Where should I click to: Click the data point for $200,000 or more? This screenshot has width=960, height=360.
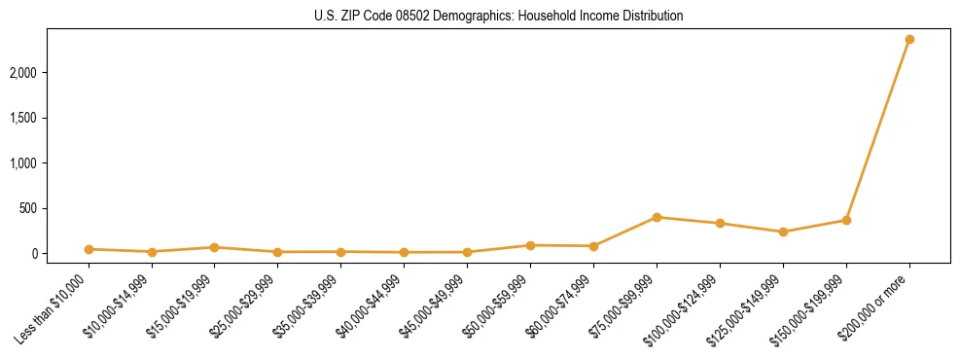[x=909, y=39]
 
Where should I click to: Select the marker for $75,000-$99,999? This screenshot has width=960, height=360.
[x=657, y=217]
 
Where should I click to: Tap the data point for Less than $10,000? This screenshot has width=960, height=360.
[x=89, y=249]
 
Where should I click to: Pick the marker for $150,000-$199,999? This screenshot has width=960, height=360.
[x=846, y=220]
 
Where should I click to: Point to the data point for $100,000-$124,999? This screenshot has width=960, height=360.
[x=720, y=223]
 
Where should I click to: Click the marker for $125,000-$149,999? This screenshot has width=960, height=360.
[x=783, y=232]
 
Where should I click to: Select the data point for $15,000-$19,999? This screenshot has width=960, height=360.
[x=215, y=247]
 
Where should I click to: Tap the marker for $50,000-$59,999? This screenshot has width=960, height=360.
[x=530, y=245]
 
